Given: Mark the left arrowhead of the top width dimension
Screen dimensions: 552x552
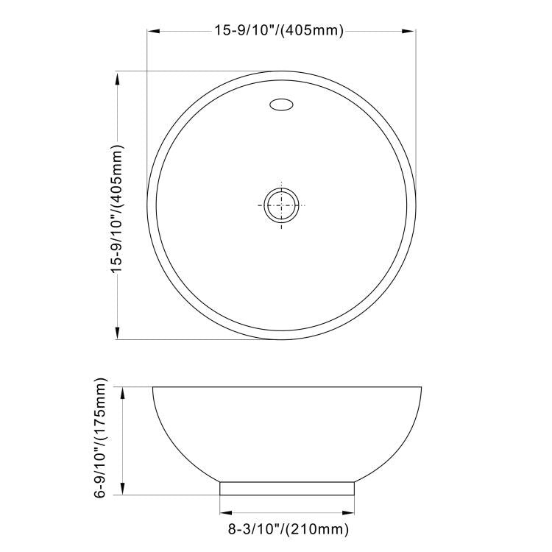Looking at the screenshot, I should [153, 31].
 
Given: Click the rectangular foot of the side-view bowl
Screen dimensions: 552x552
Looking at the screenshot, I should [287, 489].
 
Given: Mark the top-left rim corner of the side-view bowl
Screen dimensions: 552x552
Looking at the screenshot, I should [153, 388].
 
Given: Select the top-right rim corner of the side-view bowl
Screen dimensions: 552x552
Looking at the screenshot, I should [420, 388].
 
